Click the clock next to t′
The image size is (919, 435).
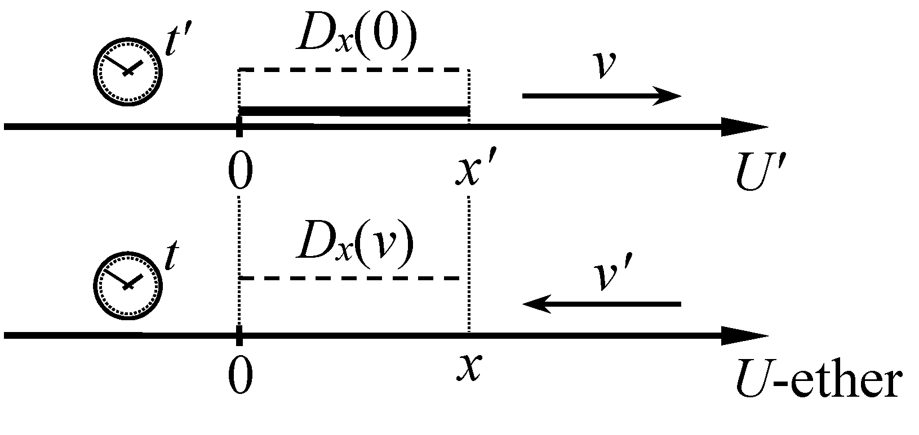coord(127,71)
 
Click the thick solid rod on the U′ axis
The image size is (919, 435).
coord(354,112)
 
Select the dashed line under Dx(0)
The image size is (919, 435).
coord(354,70)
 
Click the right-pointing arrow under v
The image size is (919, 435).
coord(602,96)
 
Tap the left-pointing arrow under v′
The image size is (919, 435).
coord(602,304)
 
